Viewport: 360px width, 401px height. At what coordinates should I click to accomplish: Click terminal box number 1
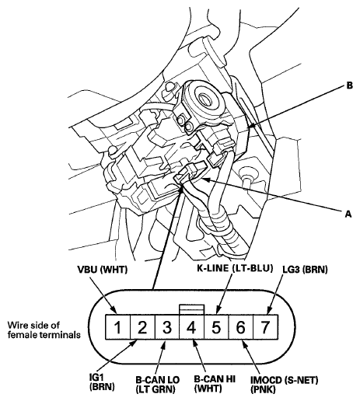pyautogui.click(x=117, y=327)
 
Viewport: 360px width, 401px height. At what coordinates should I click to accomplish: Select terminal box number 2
pyautogui.click(x=142, y=327)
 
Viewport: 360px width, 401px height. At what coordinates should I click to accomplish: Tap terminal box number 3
pyautogui.click(x=167, y=327)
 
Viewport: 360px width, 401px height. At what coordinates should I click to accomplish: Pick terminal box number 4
pyautogui.click(x=192, y=327)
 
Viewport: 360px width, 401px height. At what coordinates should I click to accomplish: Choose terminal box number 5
pyautogui.click(x=217, y=327)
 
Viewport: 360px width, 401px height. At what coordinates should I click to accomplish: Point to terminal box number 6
pyautogui.click(x=241, y=327)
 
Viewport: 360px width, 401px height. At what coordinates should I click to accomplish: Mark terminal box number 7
pyautogui.click(x=266, y=327)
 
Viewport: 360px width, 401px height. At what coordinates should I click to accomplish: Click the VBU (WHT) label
pyautogui.click(x=103, y=270)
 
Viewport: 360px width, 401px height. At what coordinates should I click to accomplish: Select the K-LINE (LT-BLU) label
pyautogui.click(x=235, y=268)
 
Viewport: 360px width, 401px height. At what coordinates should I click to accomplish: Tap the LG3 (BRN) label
pyautogui.click(x=305, y=270)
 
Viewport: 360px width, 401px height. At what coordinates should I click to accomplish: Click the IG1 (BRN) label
pyautogui.click(x=102, y=382)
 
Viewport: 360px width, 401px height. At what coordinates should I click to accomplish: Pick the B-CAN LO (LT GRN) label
pyautogui.click(x=158, y=385)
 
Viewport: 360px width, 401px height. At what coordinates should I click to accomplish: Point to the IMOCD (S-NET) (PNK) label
pyautogui.click(x=284, y=385)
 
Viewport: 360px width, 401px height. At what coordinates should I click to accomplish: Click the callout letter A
pyautogui.click(x=348, y=214)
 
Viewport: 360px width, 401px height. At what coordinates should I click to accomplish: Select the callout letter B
pyautogui.click(x=350, y=85)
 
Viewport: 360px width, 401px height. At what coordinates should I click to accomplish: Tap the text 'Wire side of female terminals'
pyautogui.click(x=44, y=330)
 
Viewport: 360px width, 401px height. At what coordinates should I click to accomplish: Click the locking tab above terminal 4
pyautogui.click(x=192, y=309)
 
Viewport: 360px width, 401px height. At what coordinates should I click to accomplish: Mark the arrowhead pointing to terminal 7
pyautogui.click(x=269, y=310)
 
